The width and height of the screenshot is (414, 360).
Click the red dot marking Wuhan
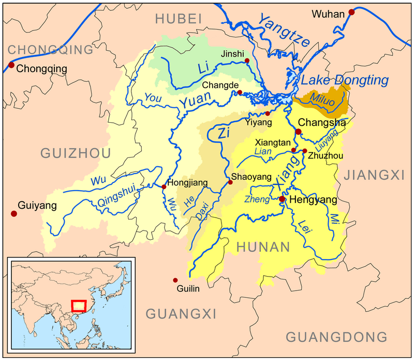point(352,12)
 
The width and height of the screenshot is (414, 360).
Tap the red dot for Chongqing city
point(11,65)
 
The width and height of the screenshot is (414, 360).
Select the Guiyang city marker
point(13,213)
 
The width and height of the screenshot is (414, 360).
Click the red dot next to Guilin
point(175,280)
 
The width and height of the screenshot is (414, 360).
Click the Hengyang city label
point(309,199)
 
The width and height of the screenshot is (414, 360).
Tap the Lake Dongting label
point(345,80)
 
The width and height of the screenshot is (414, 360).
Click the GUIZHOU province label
point(76,153)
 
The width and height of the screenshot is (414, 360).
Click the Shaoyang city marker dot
point(230,182)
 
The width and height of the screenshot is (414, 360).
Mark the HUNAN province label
point(262,248)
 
